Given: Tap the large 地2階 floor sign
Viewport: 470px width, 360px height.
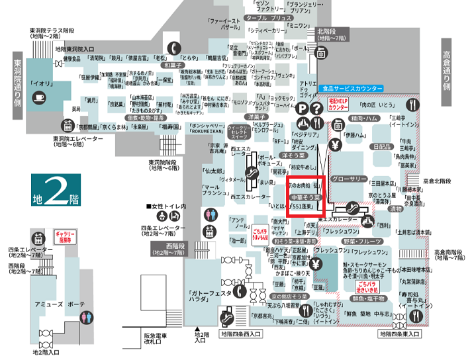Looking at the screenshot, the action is [56, 191].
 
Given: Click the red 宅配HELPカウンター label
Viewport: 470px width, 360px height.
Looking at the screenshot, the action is [338, 103].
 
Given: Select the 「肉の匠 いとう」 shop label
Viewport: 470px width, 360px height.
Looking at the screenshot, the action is [379, 104].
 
